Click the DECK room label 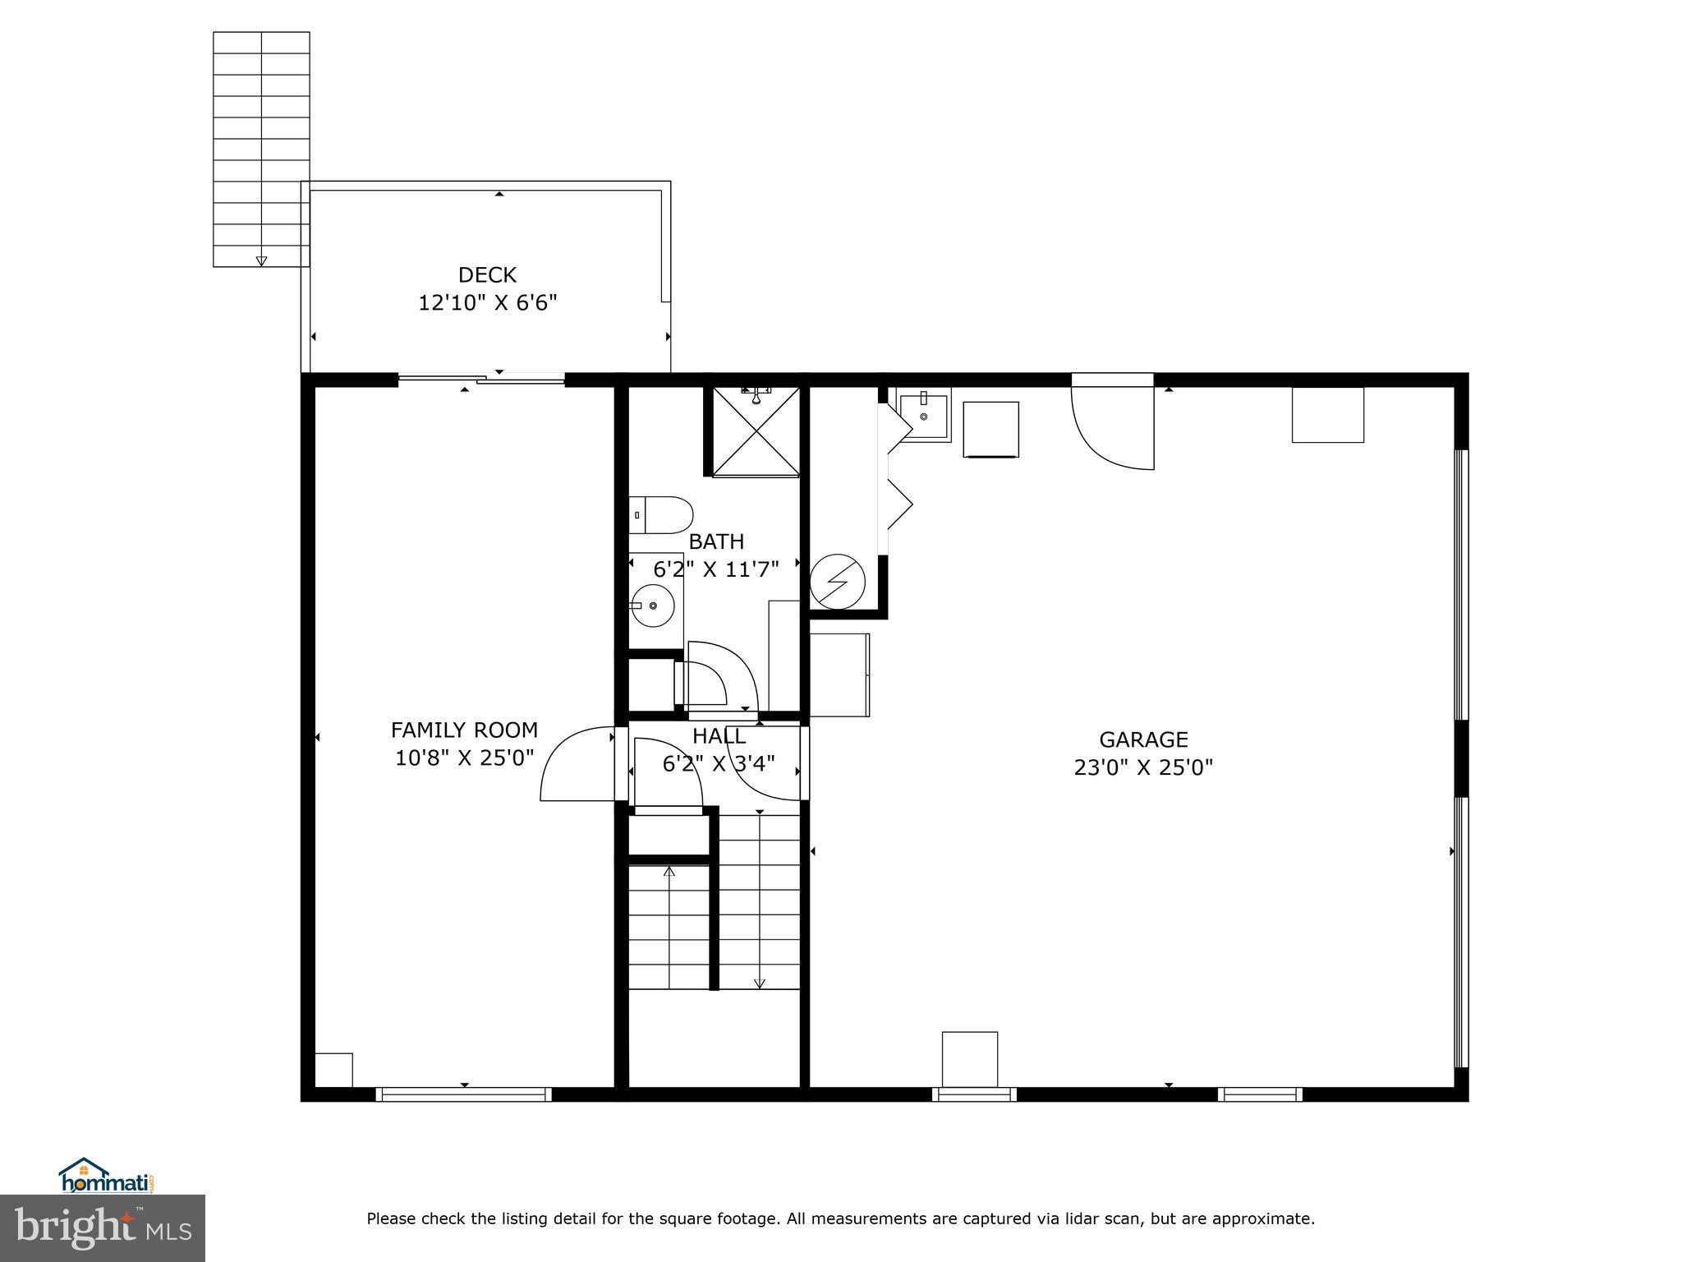(x=487, y=274)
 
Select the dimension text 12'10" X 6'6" (x=487, y=303)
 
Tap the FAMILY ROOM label (x=464, y=730)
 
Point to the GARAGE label (x=1143, y=739)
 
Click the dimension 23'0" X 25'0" (x=1143, y=767)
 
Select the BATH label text (x=716, y=541)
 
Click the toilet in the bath (x=662, y=514)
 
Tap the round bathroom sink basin (x=654, y=606)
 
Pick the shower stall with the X (x=755, y=432)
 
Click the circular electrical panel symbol (x=837, y=582)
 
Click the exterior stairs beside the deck (x=261, y=148)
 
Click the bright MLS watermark (x=103, y=1227)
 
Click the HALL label (x=719, y=736)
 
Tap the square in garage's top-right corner (x=1327, y=415)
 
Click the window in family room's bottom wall (x=464, y=1094)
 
